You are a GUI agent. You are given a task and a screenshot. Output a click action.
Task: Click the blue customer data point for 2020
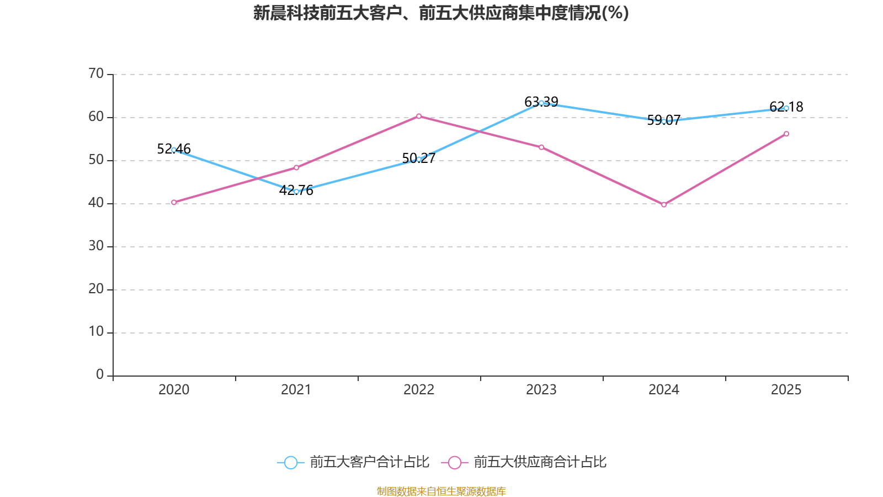coord(174,150)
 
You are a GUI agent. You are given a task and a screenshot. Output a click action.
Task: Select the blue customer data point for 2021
coord(296,192)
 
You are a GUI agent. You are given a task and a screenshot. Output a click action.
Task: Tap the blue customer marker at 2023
coord(541,103)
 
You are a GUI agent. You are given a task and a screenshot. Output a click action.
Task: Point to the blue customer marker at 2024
coord(664,121)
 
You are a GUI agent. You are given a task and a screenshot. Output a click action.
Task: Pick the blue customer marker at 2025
coord(786,108)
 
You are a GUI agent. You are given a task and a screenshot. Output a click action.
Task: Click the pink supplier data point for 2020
coord(174,202)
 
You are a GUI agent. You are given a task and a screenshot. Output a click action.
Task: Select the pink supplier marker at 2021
coord(296,167)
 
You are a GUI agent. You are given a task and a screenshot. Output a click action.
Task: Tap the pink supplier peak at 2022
coord(419,116)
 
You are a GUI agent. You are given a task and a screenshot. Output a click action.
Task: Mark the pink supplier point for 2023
coord(541,147)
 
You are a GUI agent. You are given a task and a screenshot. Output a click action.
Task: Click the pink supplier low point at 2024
coord(664,205)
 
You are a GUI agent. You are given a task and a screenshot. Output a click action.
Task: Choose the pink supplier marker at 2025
coord(786,134)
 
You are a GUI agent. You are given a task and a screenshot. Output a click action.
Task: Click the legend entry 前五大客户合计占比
coord(353,462)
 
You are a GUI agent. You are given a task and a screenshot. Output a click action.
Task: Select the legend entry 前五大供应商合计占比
coord(524,462)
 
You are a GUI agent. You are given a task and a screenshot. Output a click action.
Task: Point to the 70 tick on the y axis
coord(96,73)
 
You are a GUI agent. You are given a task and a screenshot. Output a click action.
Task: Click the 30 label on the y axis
coord(96,246)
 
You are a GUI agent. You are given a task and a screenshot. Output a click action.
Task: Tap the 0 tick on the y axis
coord(100,375)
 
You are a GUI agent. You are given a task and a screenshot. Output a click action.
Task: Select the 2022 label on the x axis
coord(419,390)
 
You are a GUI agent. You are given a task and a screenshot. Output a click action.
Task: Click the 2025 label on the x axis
coord(786,390)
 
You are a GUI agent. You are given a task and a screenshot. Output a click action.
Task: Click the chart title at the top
coord(441,13)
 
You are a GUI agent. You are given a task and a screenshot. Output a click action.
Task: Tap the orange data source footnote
coord(441,491)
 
